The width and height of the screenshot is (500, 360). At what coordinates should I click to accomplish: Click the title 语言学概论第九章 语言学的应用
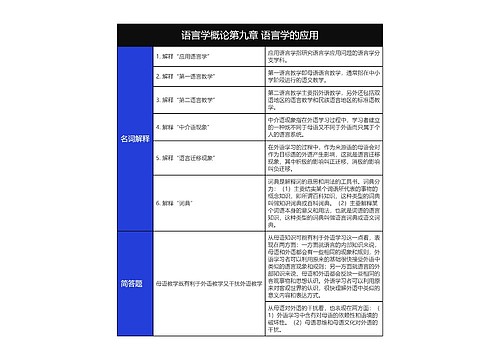tap(250, 34)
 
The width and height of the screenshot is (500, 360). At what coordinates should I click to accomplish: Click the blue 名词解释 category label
tap(135, 138)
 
